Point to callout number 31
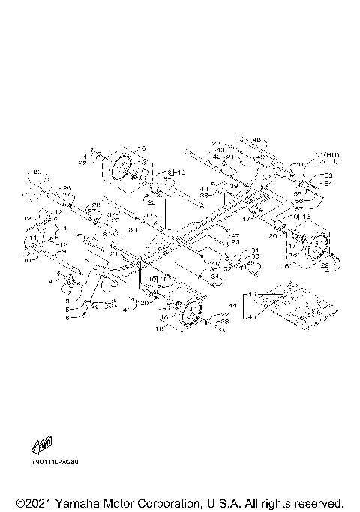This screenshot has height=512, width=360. (255, 250)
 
